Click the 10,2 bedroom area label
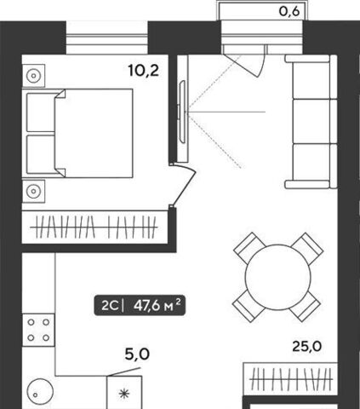pos(144,70)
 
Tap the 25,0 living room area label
pos(307,347)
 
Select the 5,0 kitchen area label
pos(137,354)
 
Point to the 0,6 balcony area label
pos(289,12)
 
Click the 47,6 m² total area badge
pos(140,305)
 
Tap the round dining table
pos(278,277)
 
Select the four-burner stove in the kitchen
pos(38,330)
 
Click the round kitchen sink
pos(40,392)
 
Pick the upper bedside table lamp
pos(33,76)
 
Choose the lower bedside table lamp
pos(33,191)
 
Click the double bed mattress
pos(94,133)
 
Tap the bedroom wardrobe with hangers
pos(94,227)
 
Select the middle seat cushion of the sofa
pos(311,121)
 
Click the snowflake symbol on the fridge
pos(124,394)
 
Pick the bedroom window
pos(107,39)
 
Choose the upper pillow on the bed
pos(40,112)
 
